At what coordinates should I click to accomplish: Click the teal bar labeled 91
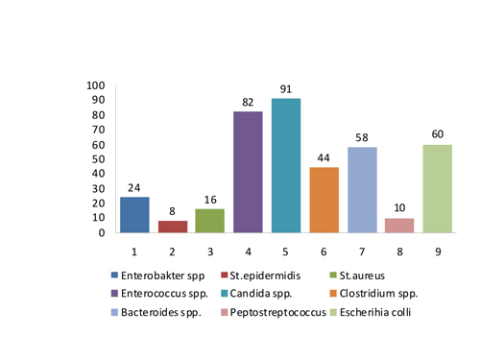pos(286,165)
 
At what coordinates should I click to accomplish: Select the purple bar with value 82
pos(248,172)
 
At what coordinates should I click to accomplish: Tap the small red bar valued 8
pos(173,227)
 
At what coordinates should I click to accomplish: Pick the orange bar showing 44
pos(324,200)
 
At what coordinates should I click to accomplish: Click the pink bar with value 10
pos(399,226)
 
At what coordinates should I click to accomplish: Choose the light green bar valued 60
pos(438,189)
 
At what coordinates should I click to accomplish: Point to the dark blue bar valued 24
pos(134,215)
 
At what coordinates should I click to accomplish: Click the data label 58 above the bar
pos(362,137)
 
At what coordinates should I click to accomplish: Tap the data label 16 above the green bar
pos(210,200)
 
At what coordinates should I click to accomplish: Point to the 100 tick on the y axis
pos(96,85)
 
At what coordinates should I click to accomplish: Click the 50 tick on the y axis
pos(99,159)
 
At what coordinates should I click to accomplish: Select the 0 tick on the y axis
pos(102,232)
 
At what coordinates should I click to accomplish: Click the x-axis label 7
pos(362,252)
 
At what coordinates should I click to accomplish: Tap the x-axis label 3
pos(210,252)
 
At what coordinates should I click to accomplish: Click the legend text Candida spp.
pos(261,294)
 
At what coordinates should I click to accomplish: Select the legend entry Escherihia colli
pos(375,312)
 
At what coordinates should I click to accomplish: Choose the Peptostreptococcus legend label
pos(278,312)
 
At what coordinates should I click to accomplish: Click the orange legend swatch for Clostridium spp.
pos(333,294)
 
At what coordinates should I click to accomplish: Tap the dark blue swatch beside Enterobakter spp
pos(114,276)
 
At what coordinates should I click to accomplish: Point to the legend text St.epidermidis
pos(265,276)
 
